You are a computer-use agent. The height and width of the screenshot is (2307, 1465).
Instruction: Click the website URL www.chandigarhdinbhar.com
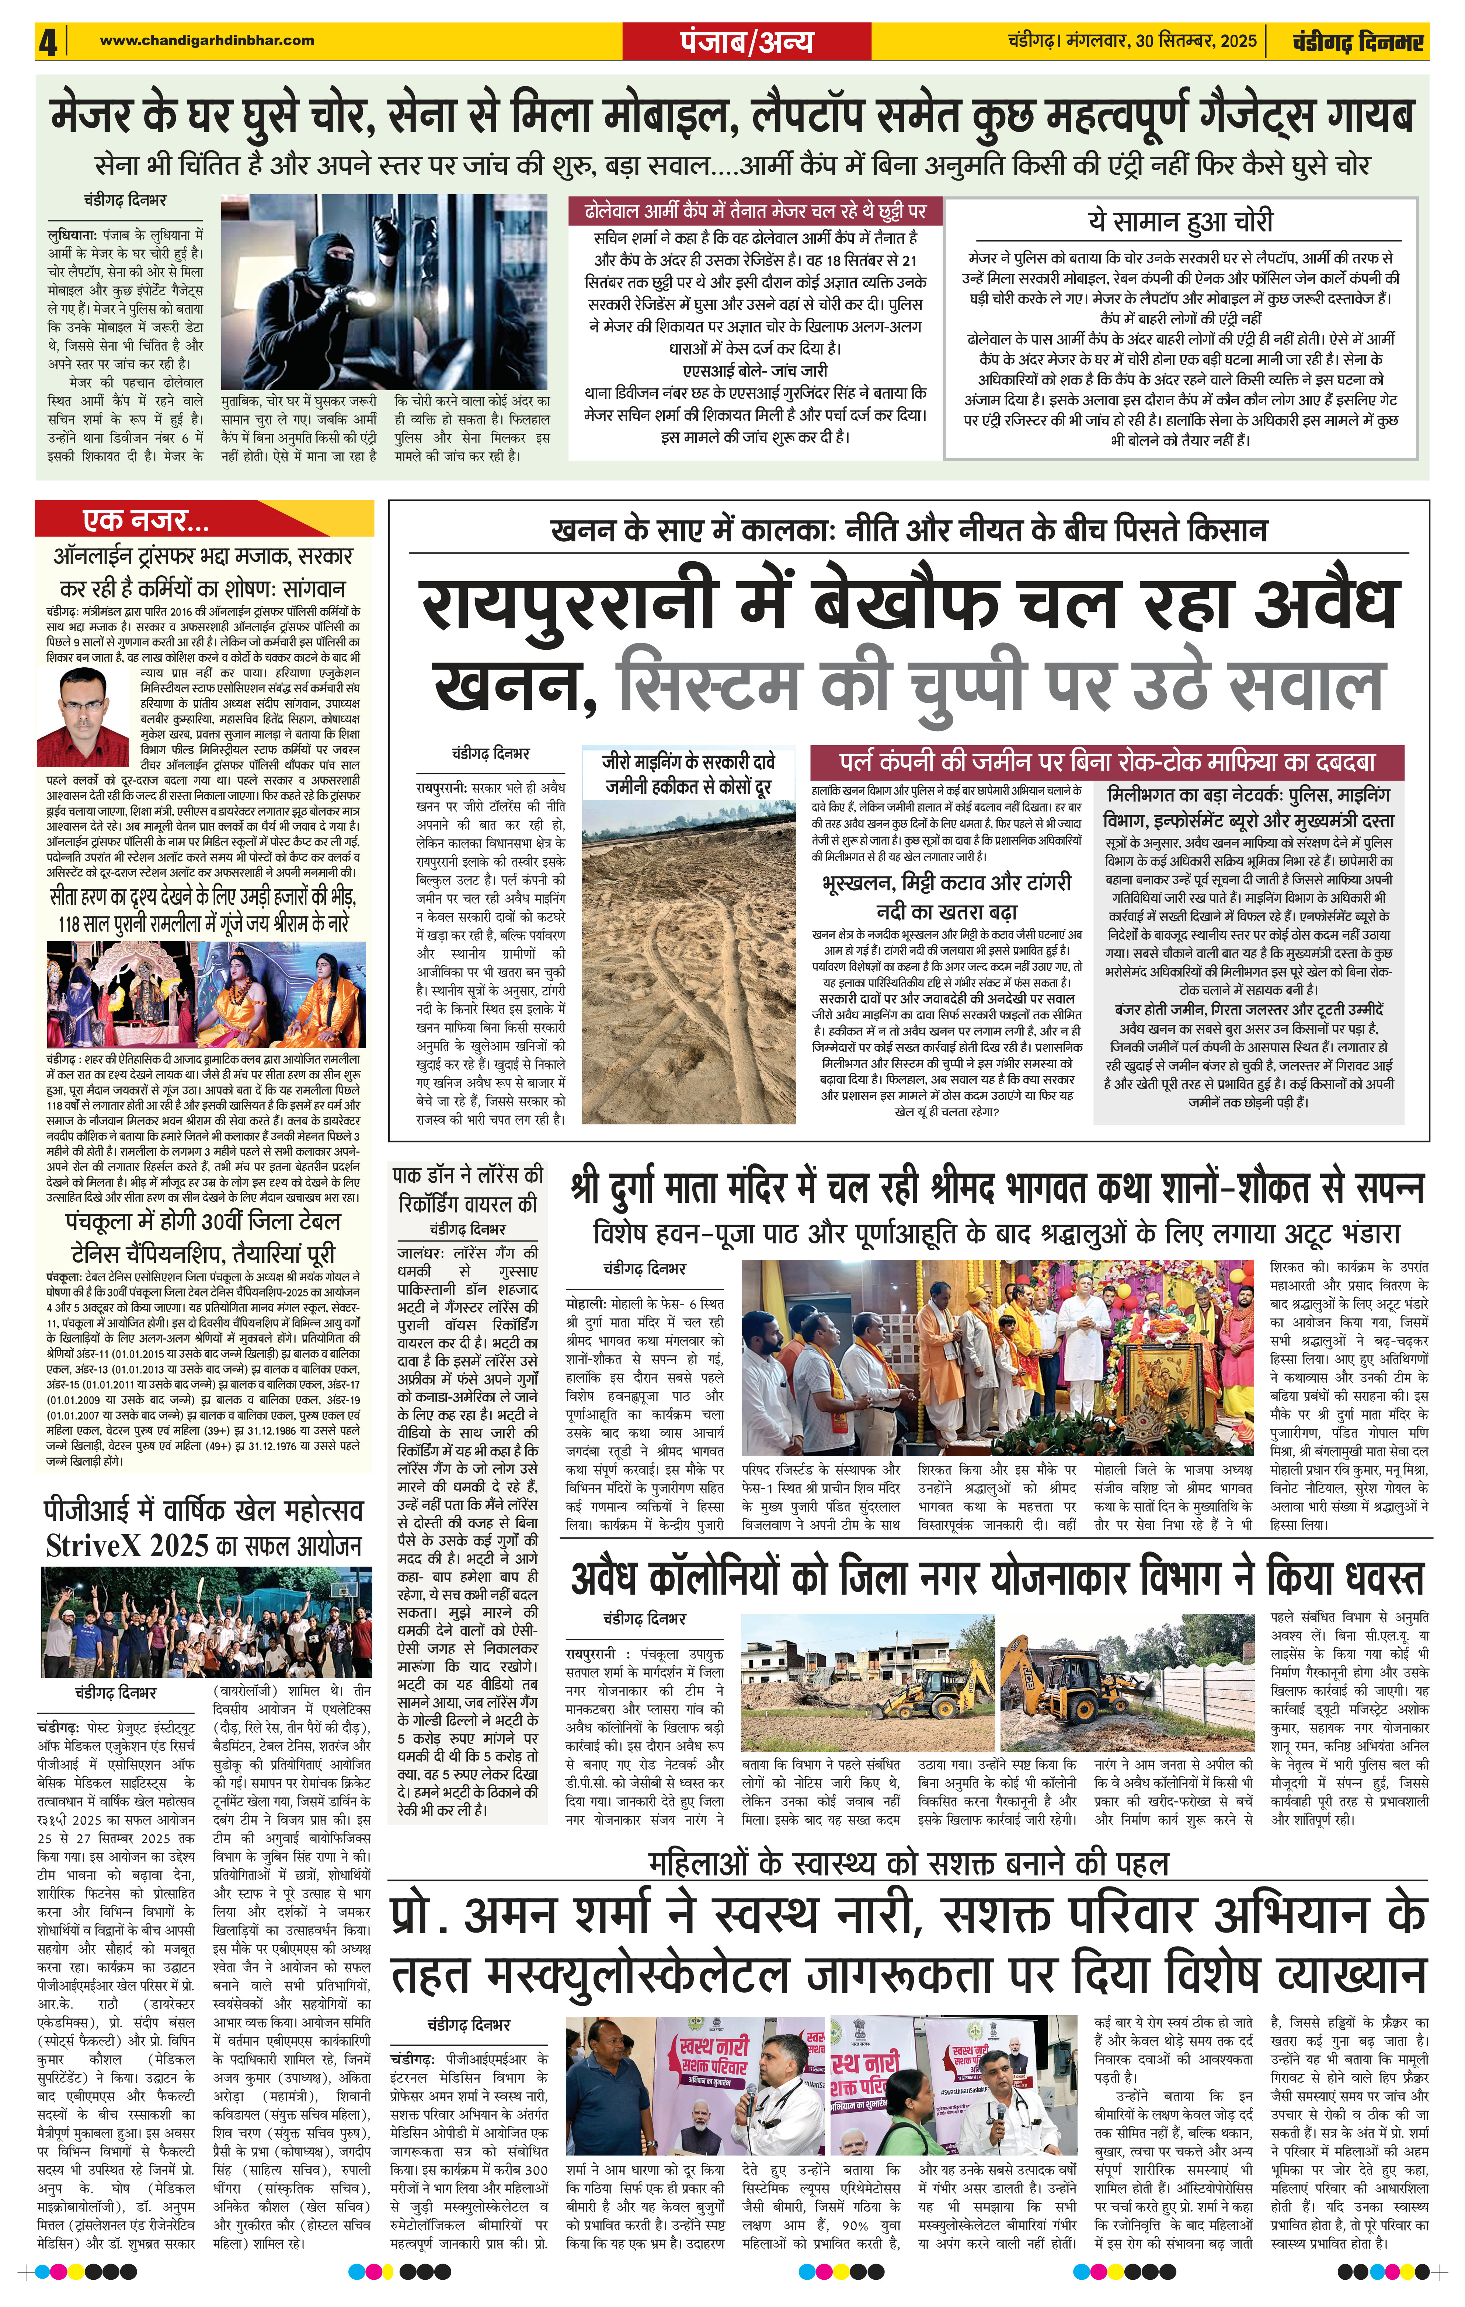206,40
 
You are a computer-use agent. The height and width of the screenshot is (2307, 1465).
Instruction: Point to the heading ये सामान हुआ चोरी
1180,221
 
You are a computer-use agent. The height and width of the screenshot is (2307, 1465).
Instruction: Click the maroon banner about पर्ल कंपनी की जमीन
1107,762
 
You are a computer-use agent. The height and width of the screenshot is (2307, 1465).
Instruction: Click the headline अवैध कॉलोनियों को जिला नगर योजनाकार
996,1578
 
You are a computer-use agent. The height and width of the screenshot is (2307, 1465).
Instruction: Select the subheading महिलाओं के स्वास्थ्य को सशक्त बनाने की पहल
908,1863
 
